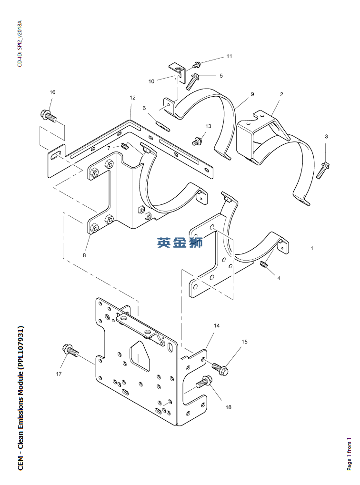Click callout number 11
pyautogui.click(x=229, y=56)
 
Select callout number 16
pyautogui.click(x=52, y=92)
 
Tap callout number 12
pyautogui.click(x=133, y=98)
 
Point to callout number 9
pyautogui.click(x=252, y=94)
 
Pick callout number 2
pyautogui.click(x=281, y=94)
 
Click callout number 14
pyautogui.click(x=217, y=326)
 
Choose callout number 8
pyautogui.click(x=84, y=255)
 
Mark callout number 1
pyautogui.click(x=312, y=248)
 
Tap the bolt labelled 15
pyautogui.click(x=220, y=368)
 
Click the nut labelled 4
pyautogui.click(x=263, y=264)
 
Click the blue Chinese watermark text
pyautogui.click(x=180, y=242)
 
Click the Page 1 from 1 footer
pyautogui.click(x=349, y=454)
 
